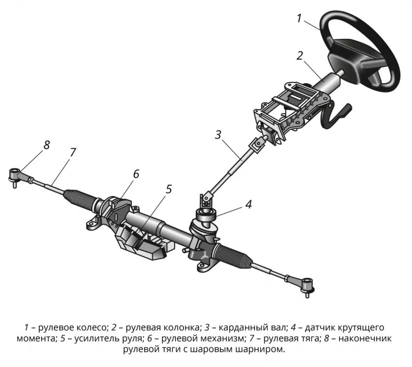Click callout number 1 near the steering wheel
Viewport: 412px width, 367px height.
click(x=299, y=19)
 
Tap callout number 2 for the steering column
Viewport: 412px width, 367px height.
click(x=300, y=56)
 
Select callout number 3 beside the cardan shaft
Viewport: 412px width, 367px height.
click(x=218, y=135)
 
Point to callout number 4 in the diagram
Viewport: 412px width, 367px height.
click(x=249, y=204)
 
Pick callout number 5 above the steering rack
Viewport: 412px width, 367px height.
click(x=168, y=189)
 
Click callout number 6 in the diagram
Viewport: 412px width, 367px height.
click(x=136, y=174)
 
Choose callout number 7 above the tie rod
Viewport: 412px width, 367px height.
click(x=73, y=152)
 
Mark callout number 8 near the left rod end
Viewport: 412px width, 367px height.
click(x=47, y=145)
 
